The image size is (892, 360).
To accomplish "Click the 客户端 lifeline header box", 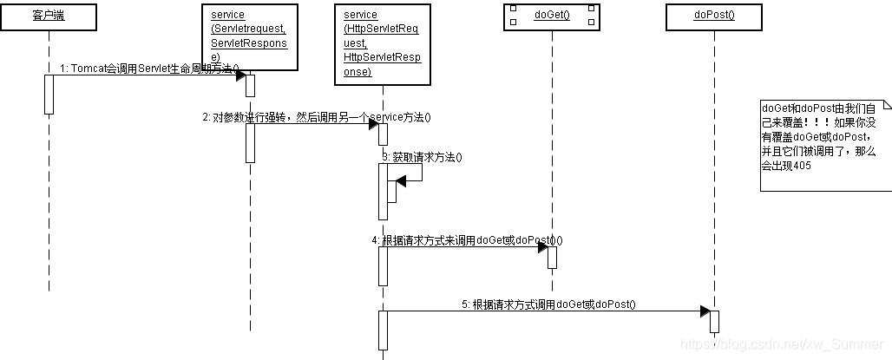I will (x=49, y=18).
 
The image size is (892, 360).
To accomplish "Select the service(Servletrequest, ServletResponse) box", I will (x=248, y=37).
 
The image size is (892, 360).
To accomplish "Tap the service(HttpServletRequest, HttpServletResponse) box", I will (x=382, y=44).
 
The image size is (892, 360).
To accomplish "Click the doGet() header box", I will (x=552, y=18).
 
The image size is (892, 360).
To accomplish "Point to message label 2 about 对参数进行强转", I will (x=317, y=117).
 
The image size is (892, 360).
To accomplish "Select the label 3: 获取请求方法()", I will (x=422, y=157).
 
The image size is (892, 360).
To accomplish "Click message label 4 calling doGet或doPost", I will (x=473, y=239).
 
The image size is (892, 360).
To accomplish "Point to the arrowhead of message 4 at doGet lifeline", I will (x=541, y=247).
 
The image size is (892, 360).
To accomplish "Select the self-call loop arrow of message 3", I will (x=411, y=173).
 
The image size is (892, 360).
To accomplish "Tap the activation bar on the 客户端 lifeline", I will (x=49, y=94).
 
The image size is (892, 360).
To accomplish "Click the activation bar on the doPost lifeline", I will (x=714, y=321).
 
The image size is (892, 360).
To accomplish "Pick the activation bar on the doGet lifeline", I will (x=552, y=258).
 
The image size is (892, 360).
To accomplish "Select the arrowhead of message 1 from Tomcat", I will (x=240, y=75).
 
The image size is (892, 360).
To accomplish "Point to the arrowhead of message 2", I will (x=373, y=125).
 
